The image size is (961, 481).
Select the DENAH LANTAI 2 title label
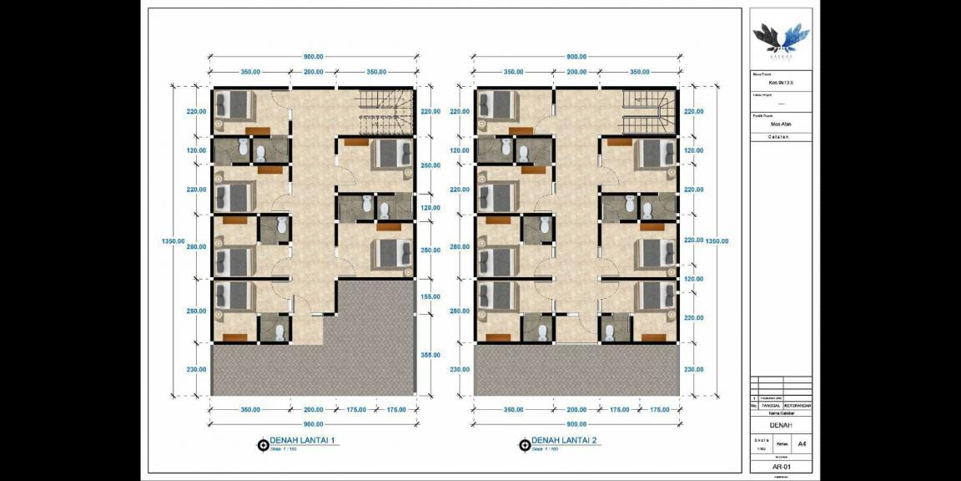pos(564,441)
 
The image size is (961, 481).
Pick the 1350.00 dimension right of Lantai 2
pos(717,240)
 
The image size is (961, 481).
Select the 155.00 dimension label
pos(430,296)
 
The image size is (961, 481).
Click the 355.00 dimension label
pos(430,355)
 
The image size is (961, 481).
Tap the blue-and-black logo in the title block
pos(781,38)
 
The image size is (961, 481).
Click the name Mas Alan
pos(781,124)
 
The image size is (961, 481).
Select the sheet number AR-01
pos(781,468)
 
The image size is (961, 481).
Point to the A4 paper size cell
pos(802,443)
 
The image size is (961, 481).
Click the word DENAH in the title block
pos(781,424)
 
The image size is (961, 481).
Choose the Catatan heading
pos(781,137)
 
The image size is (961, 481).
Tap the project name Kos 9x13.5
pos(781,83)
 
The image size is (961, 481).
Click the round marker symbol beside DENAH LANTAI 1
pos(264,444)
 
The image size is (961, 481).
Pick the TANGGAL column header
pos(770,406)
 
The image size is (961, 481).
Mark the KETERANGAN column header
pos(797,406)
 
